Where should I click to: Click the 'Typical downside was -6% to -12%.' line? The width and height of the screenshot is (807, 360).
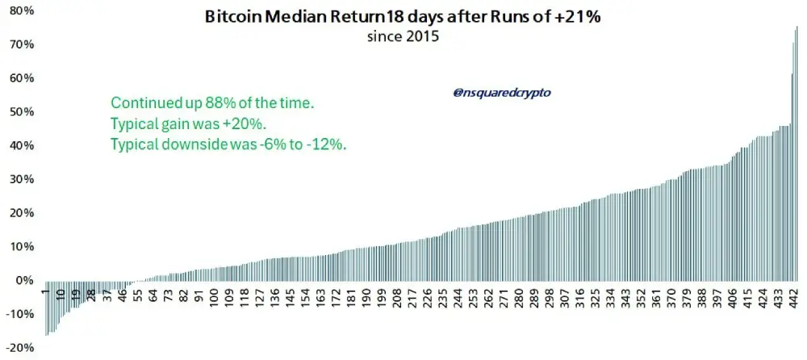(x=228, y=145)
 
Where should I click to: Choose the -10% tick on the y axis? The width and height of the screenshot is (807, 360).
(x=20, y=314)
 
